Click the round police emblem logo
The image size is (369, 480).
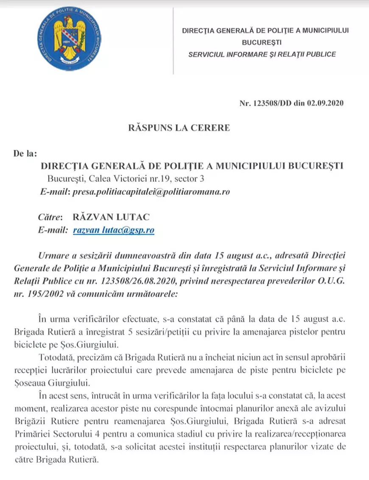74,39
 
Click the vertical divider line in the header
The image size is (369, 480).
173,40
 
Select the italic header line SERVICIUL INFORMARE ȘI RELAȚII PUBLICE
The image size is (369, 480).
262,54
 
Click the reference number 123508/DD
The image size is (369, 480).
271,103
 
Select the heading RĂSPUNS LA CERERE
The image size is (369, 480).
179,128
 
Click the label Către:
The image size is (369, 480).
50,217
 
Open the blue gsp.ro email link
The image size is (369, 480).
113,230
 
